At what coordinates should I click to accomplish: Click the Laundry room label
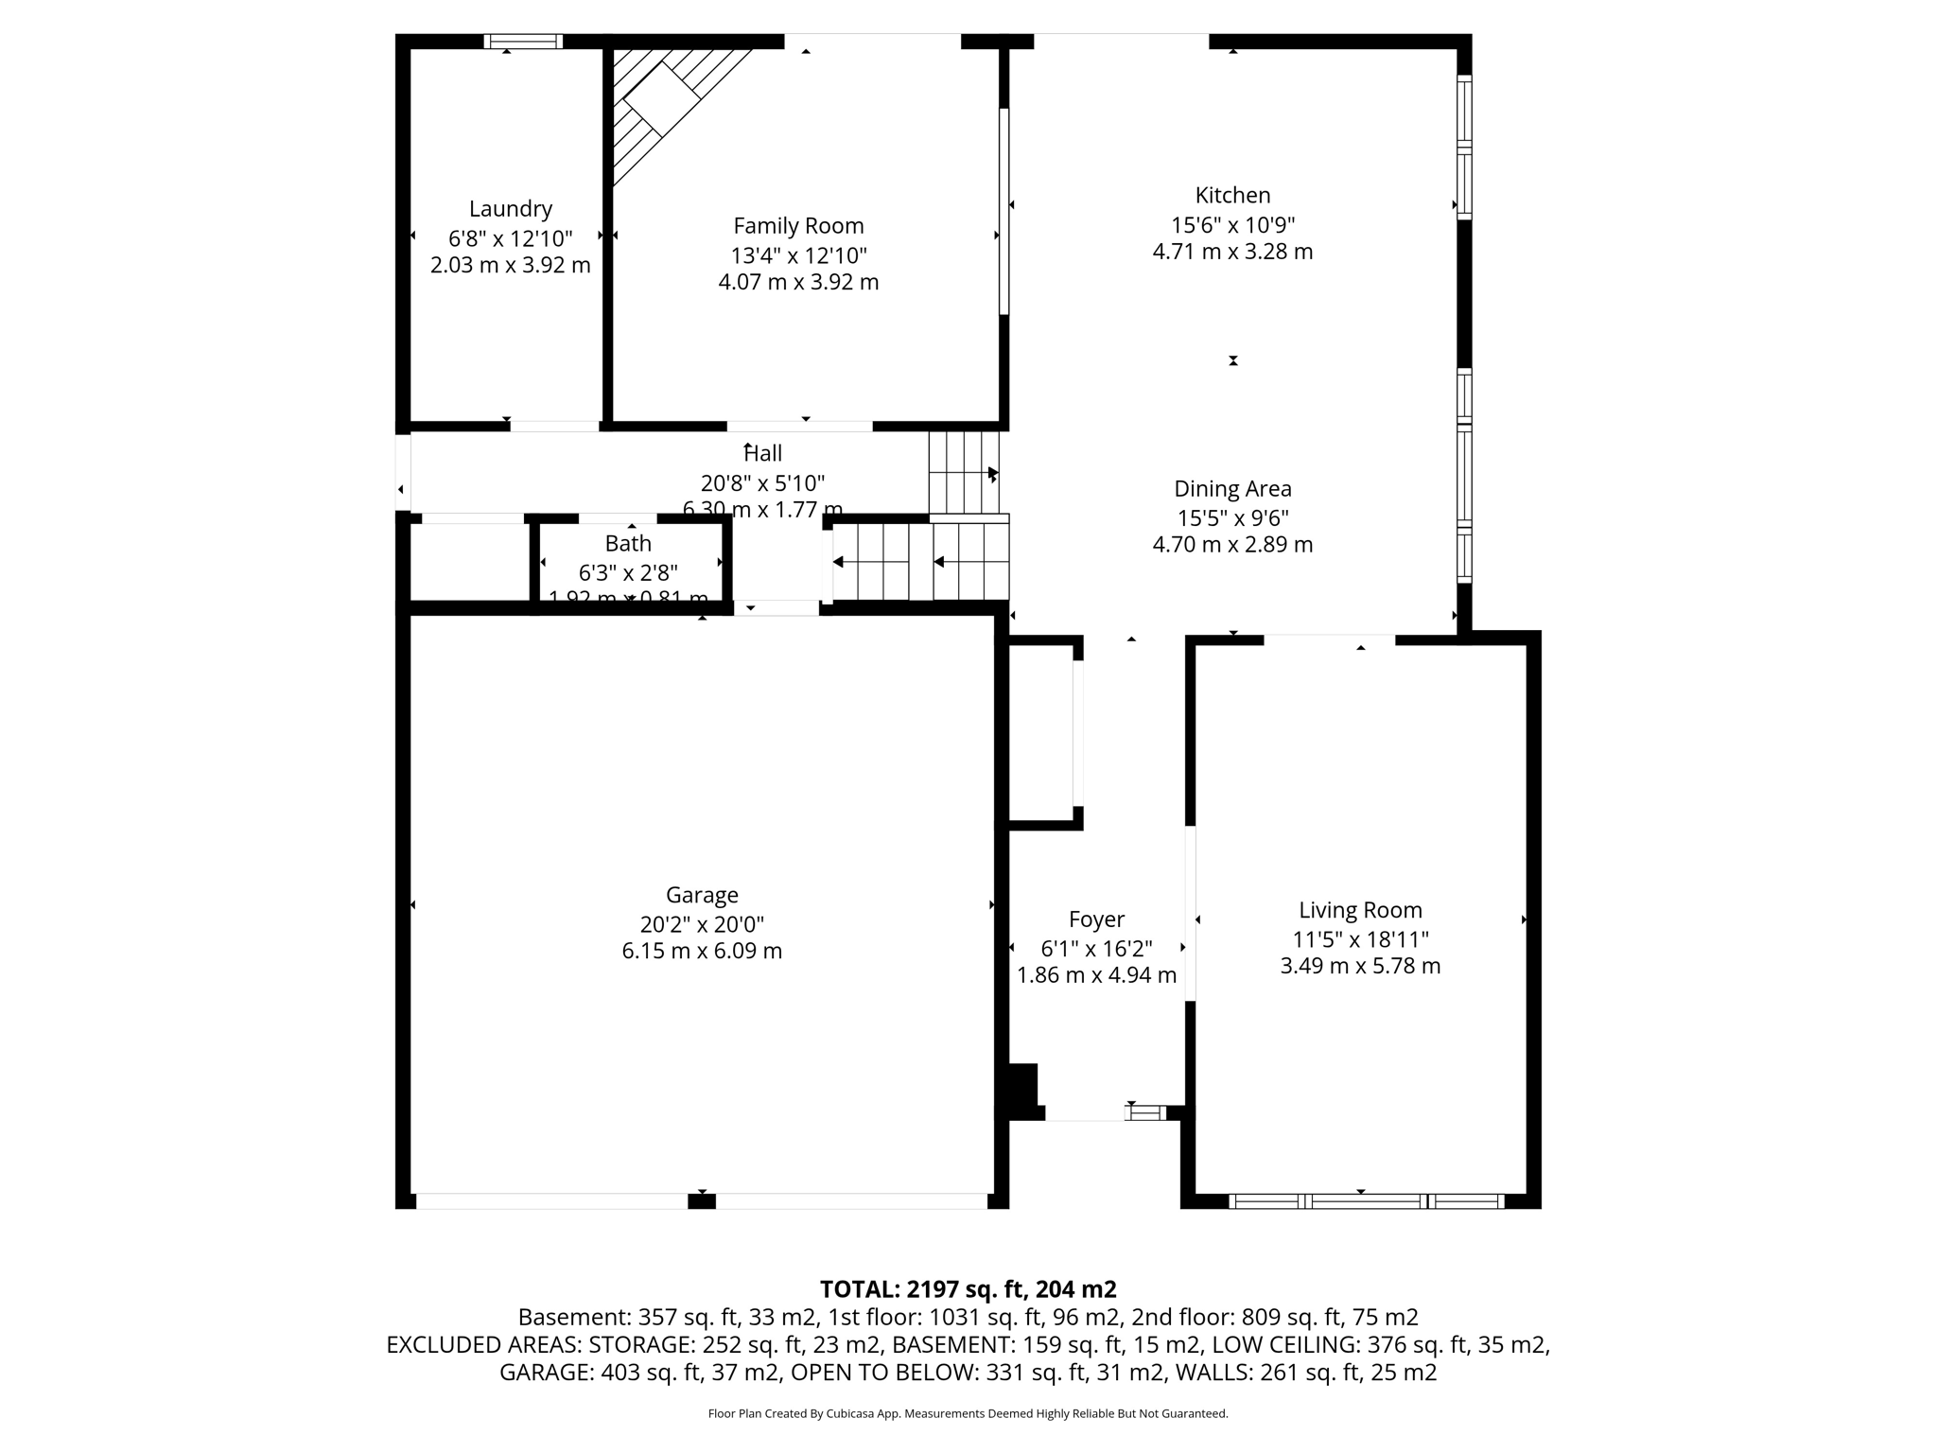[510, 208]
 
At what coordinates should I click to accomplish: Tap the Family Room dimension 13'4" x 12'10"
[798, 255]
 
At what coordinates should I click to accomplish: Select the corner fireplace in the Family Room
[662, 98]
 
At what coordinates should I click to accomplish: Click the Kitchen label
[1232, 195]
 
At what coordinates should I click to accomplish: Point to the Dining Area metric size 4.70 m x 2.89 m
[1232, 545]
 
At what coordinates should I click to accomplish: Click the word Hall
[763, 453]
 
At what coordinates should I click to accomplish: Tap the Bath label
[628, 543]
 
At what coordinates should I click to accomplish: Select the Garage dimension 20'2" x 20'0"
[702, 924]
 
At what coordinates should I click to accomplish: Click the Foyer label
[1096, 919]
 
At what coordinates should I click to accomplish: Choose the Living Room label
[1360, 910]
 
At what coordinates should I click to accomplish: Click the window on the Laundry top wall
[523, 42]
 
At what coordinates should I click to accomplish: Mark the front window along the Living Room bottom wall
[1366, 1201]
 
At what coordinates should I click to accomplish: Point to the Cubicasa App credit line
[968, 1413]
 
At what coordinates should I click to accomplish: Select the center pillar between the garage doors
[701, 1201]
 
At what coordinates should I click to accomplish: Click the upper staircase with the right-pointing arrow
[963, 472]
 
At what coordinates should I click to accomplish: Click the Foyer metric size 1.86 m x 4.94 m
[1096, 975]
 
